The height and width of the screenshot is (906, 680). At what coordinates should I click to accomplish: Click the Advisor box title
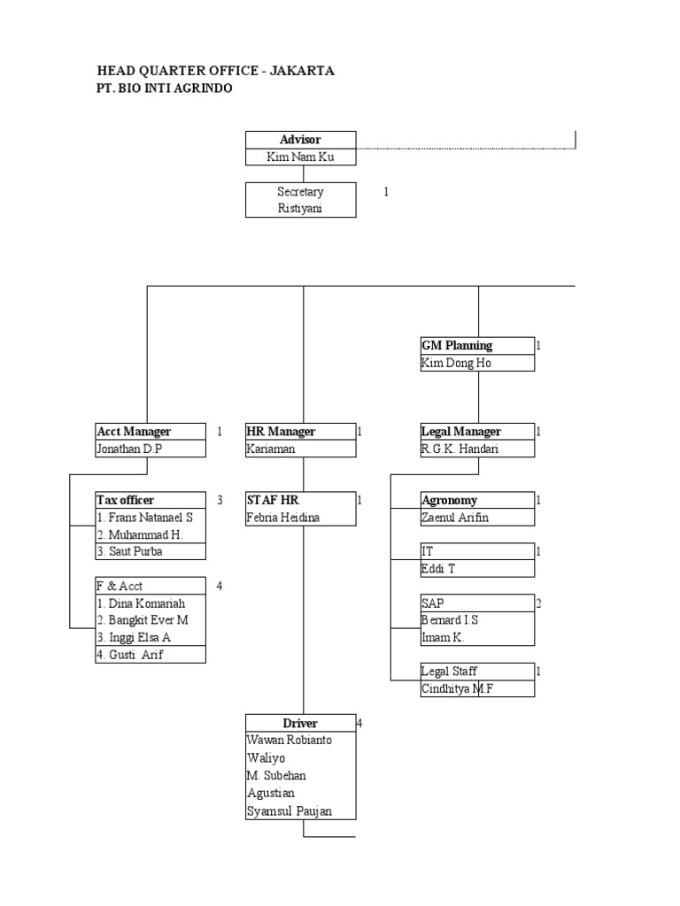coord(300,140)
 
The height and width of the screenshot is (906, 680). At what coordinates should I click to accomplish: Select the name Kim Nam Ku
coord(300,157)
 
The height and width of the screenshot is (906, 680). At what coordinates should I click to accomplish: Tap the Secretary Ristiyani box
coord(300,200)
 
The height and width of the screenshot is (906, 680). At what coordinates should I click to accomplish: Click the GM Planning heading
coord(456,345)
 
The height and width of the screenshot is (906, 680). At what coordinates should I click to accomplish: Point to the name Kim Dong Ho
coord(456,363)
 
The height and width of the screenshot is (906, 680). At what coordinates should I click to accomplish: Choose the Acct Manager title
coord(134,432)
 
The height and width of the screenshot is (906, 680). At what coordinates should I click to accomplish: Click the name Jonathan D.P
coord(130,449)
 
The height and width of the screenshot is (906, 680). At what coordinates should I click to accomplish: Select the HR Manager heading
coord(281,432)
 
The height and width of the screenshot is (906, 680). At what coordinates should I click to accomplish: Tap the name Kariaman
coord(272,449)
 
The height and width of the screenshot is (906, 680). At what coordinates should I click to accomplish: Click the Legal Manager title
coord(460,432)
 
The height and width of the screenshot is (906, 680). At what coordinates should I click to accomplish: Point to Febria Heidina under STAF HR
coord(283,518)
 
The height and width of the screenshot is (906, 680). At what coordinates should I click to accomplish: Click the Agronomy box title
coord(449,500)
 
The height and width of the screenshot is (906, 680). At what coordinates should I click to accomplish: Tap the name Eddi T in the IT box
coord(438,569)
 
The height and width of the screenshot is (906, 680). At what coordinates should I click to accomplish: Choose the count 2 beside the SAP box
coord(538,603)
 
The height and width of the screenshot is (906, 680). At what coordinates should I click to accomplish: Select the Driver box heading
coord(300,723)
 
